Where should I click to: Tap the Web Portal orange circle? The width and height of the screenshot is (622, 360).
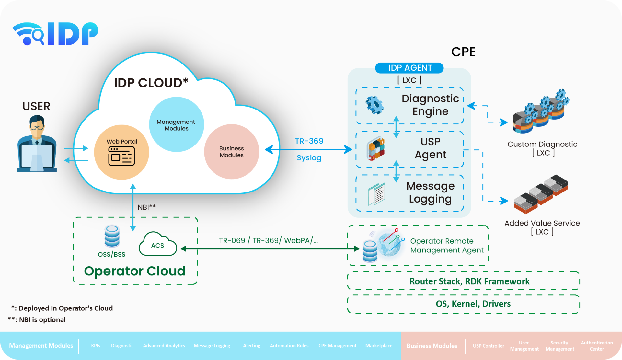click(121, 152)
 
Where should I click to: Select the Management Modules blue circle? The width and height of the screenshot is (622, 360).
click(176, 124)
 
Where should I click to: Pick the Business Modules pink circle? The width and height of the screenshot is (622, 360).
click(231, 152)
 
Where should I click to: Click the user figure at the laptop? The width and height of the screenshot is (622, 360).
click(37, 145)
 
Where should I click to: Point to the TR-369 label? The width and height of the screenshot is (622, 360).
click(309, 141)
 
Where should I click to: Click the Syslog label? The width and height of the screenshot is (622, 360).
click(309, 158)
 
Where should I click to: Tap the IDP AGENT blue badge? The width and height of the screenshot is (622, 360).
click(409, 68)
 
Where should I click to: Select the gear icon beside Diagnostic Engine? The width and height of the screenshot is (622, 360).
click(375, 105)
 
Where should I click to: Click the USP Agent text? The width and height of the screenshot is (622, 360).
click(431, 148)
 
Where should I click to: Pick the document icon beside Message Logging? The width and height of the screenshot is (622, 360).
click(376, 194)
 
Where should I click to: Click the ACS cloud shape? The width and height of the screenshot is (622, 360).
click(158, 245)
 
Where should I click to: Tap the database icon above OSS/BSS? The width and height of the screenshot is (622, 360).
click(112, 236)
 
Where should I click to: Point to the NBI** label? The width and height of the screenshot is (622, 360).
click(147, 207)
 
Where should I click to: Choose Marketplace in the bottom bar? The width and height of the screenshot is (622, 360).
click(379, 346)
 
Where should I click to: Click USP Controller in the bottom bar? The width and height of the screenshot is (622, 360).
click(488, 346)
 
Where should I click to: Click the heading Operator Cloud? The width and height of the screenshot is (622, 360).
click(134, 271)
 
